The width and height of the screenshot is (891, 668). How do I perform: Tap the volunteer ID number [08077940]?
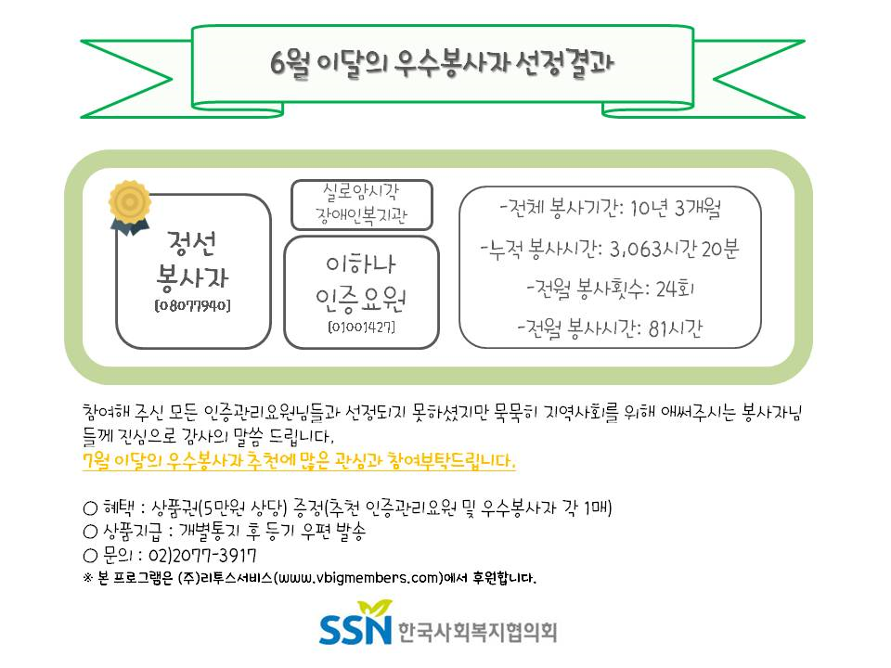tap(193, 305)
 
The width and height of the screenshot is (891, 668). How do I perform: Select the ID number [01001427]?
tap(361, 328)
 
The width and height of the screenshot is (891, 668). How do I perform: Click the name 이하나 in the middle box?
tap(361, 264)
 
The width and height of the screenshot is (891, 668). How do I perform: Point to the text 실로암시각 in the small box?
tap(361, 192)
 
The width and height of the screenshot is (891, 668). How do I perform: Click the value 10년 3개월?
tap(676, 208)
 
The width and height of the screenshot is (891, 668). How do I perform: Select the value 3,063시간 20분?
tap(674, 249)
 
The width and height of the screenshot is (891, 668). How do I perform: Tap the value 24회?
tap(675, 289)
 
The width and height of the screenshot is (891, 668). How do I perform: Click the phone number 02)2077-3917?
tap(202, 555)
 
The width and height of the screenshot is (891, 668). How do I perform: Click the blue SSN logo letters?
tap(355, 628)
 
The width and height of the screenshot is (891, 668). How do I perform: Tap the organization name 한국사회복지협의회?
tap(477, 632)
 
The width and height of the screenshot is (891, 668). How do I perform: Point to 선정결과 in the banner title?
tap(565, 64)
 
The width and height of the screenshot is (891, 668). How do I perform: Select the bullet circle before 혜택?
tap(90, 507)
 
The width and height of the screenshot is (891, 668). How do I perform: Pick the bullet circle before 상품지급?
tap(90, 532)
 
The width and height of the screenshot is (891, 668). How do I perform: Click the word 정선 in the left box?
tap(192, 242)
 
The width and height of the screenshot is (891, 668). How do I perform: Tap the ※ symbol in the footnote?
tap(87, 578)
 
